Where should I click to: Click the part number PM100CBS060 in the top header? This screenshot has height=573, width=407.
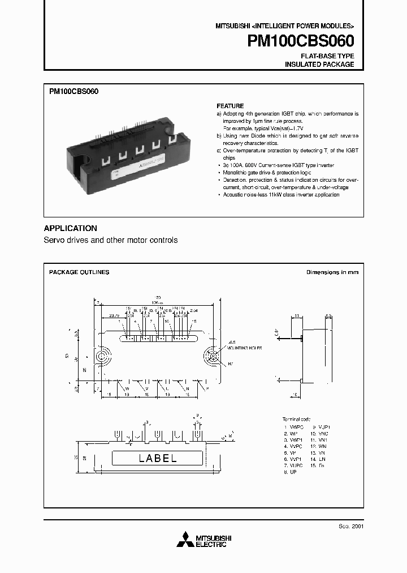pos(301,41)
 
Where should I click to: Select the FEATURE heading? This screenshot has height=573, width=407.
pos(230,106)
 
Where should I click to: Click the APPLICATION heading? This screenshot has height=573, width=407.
pos(70,228)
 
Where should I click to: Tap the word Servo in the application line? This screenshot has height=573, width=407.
pos(54,240)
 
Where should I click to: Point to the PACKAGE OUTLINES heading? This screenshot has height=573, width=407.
pos(79,272)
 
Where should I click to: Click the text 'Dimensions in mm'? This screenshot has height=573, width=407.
pos(332,272)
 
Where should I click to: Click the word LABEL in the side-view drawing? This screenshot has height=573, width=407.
pos(157,459)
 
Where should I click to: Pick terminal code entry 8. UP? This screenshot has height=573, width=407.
pos(291,471)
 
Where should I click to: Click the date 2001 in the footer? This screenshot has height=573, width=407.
pos(357,525)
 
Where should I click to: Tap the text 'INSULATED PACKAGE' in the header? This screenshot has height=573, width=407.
pos(319,65)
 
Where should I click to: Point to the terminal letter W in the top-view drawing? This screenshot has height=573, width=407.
pos(127,389)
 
